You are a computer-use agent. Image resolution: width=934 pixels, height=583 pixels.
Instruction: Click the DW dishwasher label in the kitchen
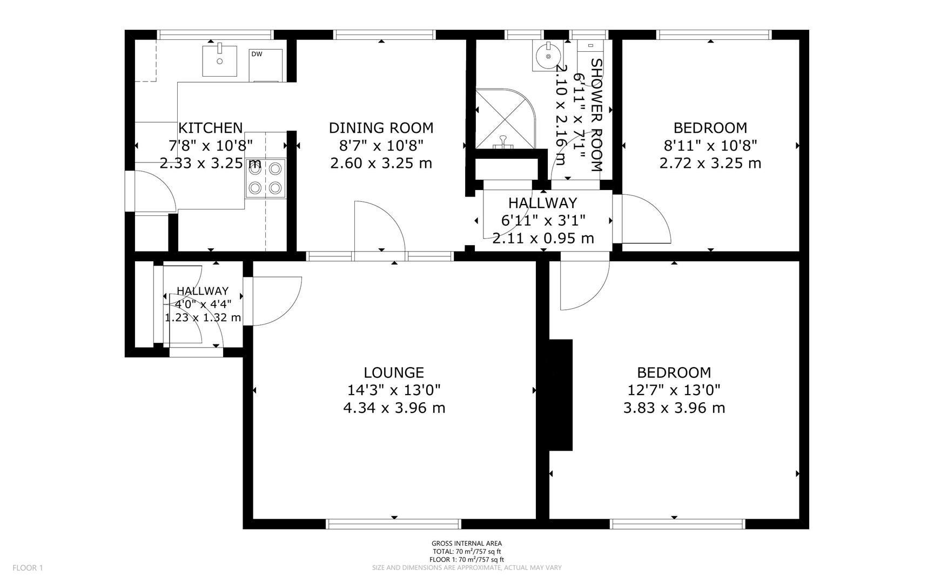click(x=257, y=54)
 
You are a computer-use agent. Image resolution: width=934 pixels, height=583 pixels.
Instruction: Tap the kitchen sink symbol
click(x=219, y=61)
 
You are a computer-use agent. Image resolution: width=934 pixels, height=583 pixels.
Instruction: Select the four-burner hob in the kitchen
click(x=265, y=178)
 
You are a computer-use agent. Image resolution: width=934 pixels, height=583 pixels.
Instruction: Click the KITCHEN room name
click(x=210, y=128)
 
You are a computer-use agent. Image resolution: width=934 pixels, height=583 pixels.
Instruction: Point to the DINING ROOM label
click(x=381, y=128)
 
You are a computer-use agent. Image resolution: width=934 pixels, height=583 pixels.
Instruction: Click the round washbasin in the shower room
click(x=548, y=56)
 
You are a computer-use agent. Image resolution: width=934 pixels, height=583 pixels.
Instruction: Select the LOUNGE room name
click(x=394, y=372)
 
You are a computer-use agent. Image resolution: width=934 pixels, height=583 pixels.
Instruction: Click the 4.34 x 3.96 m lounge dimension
click(x=394, y=408)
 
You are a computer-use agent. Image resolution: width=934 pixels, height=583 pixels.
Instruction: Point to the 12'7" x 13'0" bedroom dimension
click(x=674, y=390)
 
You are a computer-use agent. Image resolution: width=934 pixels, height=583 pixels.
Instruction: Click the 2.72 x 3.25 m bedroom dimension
click(x=710, y=163)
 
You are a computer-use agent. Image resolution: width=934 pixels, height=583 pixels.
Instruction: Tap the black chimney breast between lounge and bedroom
click(x=561, y=394)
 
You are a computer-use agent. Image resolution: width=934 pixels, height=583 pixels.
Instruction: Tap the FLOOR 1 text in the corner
click(x=28, y=567)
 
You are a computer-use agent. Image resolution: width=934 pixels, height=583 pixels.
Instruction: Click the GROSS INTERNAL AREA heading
click(x=466, y=544)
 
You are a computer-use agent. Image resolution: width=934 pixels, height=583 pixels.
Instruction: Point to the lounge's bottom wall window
click(x=394, y=524)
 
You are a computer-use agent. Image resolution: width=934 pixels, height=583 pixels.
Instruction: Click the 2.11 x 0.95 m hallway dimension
click(x=543, y=238)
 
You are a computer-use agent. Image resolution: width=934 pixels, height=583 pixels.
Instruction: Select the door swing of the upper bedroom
click(x=646, y=219)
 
